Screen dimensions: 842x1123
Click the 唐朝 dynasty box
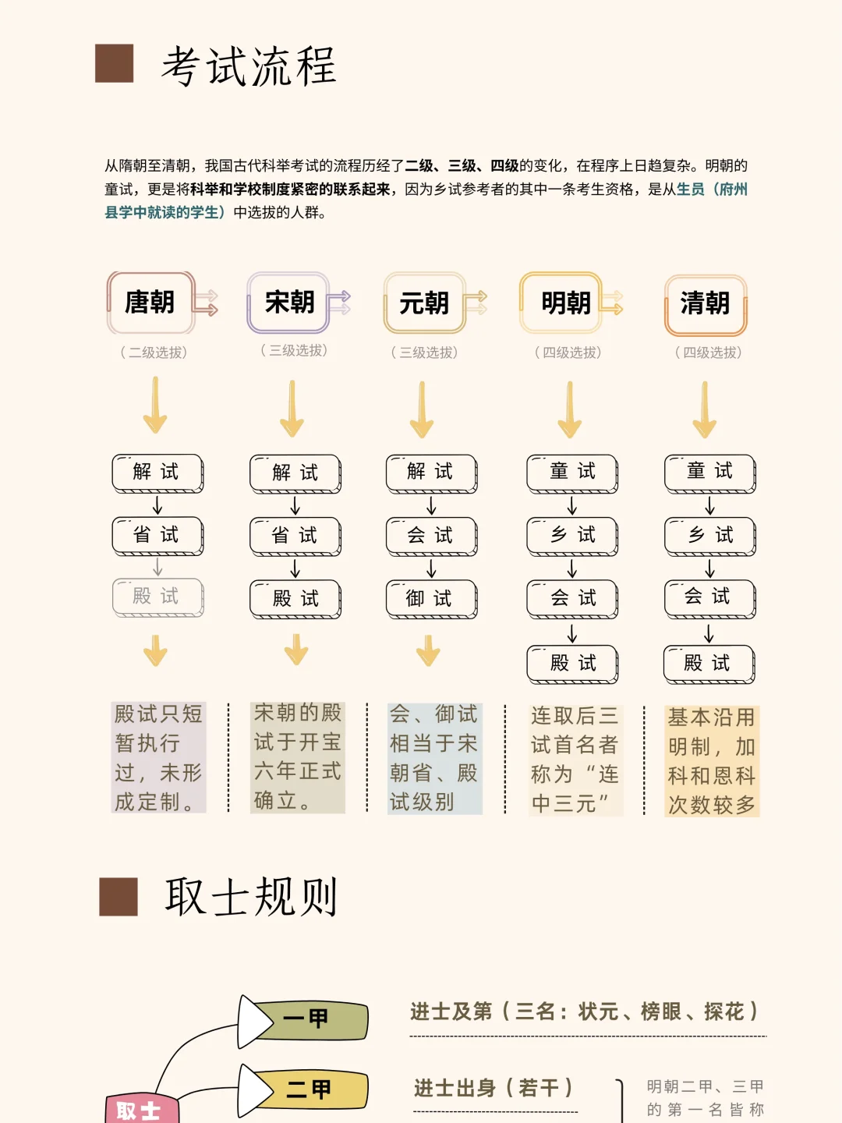click(x=150, y=303)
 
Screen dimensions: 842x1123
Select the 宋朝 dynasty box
click(x=288, y=303)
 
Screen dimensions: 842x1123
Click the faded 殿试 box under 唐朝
click(x=157, y=597)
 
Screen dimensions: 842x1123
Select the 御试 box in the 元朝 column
click(x=431, y=599)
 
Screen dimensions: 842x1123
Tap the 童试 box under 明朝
click(x=572, y=473)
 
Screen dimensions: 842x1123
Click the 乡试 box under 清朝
click(x=709, y=536)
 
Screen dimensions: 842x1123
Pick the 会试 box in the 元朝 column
click(x=431, y=536)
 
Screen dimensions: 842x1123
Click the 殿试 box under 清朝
click(x=709, y=664)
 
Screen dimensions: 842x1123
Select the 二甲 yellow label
click(x=309, y=1089)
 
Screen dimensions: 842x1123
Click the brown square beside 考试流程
click(x=115, y=63)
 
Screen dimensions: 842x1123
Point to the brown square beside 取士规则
click(x=119, y=896)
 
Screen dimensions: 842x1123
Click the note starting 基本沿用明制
click(x=712, y=760)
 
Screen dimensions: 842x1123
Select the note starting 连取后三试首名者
click(x=575, y=760)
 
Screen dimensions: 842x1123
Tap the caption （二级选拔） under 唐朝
click(x=154, y=352)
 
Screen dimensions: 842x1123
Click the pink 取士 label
click(x=140, y=1110)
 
